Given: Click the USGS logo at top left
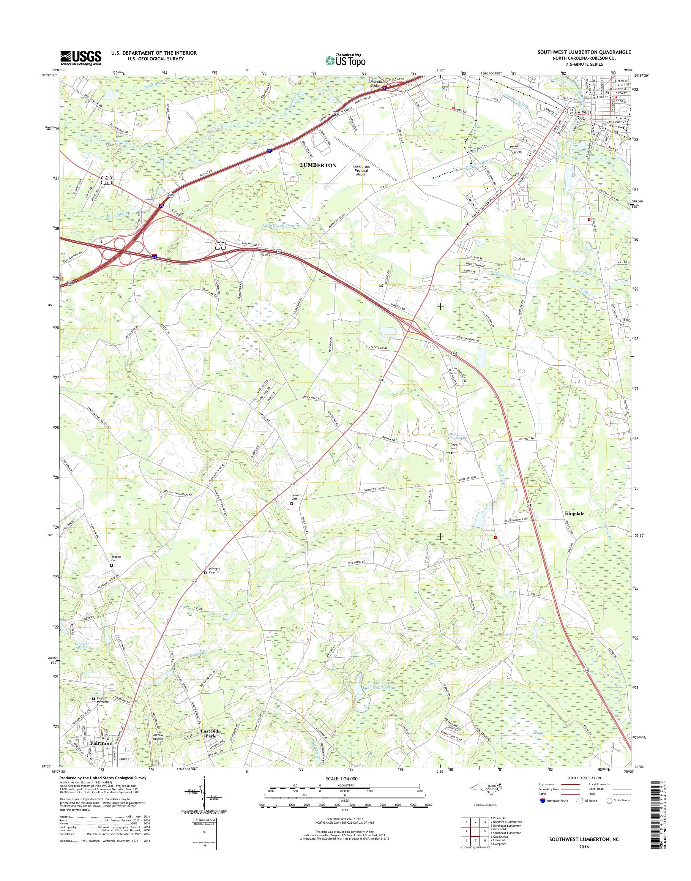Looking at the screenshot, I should click(80, 58).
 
